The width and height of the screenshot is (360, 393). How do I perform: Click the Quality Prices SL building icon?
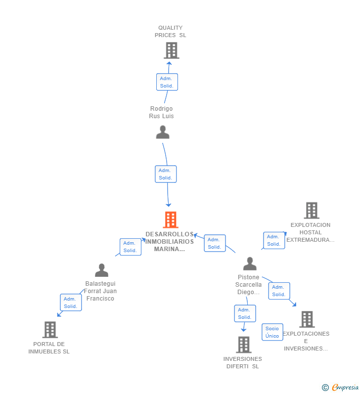(x=172, y=50)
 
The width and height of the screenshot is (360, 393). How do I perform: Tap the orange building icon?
(x=171, y=220)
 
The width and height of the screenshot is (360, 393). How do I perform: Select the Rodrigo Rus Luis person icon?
(x=163, y=132)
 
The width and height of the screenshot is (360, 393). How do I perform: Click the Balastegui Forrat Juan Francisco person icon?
(x=101, y=270)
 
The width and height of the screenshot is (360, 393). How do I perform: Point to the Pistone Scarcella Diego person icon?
(x=250, y=263)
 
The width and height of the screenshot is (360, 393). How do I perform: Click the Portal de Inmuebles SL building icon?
(x=50, y=330)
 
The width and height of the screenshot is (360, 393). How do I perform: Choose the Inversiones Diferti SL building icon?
(x=244, y=345)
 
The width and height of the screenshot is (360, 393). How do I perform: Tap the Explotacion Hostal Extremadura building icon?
(x=312, y=211)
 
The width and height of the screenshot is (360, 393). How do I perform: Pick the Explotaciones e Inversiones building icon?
(x=307, y=319)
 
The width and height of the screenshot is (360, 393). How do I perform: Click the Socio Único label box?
(x=272, y=332)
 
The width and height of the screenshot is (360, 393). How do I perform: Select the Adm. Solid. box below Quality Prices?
(x=167, y=82)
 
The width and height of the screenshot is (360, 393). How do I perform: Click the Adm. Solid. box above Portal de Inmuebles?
(x=71, y=303)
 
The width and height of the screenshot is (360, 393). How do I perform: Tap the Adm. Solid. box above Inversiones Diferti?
(x=245, y=313)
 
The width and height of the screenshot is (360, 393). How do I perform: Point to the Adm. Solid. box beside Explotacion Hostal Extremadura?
(x=274, y=240)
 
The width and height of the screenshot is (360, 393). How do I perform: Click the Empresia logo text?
(x=345, y=387)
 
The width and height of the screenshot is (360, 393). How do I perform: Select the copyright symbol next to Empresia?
(x=325, y=388)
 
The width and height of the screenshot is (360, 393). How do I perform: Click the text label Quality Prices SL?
(x=171, y=31)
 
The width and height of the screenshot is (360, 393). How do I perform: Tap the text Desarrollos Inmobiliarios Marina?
(x=170, y=241)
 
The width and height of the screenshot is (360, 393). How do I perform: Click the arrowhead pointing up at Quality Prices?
(x=169, y=64)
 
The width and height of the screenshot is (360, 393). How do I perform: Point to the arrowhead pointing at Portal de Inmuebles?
(x=59, y=314)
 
